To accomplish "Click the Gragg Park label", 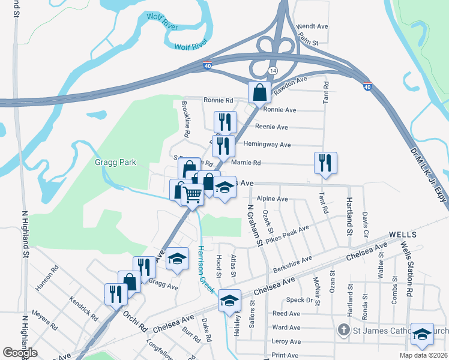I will [x=115, y=162].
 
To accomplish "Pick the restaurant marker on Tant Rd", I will [x=325, y=163].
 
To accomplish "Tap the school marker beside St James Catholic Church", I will [x=422, y=335].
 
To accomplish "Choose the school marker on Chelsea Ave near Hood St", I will [x=229, y=300].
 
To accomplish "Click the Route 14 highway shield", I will [x=273, y=71].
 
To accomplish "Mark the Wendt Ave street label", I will [x=313, y=27].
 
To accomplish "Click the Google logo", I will [x=20, y=353].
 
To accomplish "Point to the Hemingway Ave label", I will [x=267, y=145].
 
